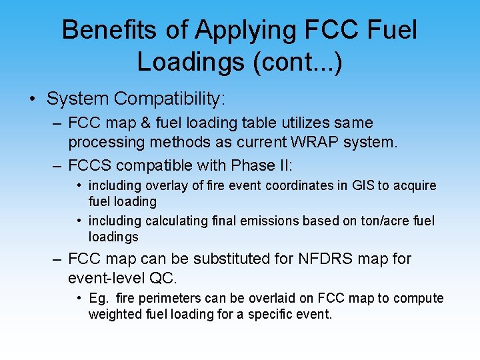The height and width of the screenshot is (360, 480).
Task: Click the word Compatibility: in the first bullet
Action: tap(169, 99)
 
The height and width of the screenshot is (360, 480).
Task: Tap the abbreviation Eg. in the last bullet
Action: tap(98, 298)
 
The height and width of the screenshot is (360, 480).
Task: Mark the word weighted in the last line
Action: tap(113, 314)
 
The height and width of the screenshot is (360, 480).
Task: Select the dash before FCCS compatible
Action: tap(56, 165)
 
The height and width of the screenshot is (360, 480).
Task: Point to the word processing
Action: tap(102, 143)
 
